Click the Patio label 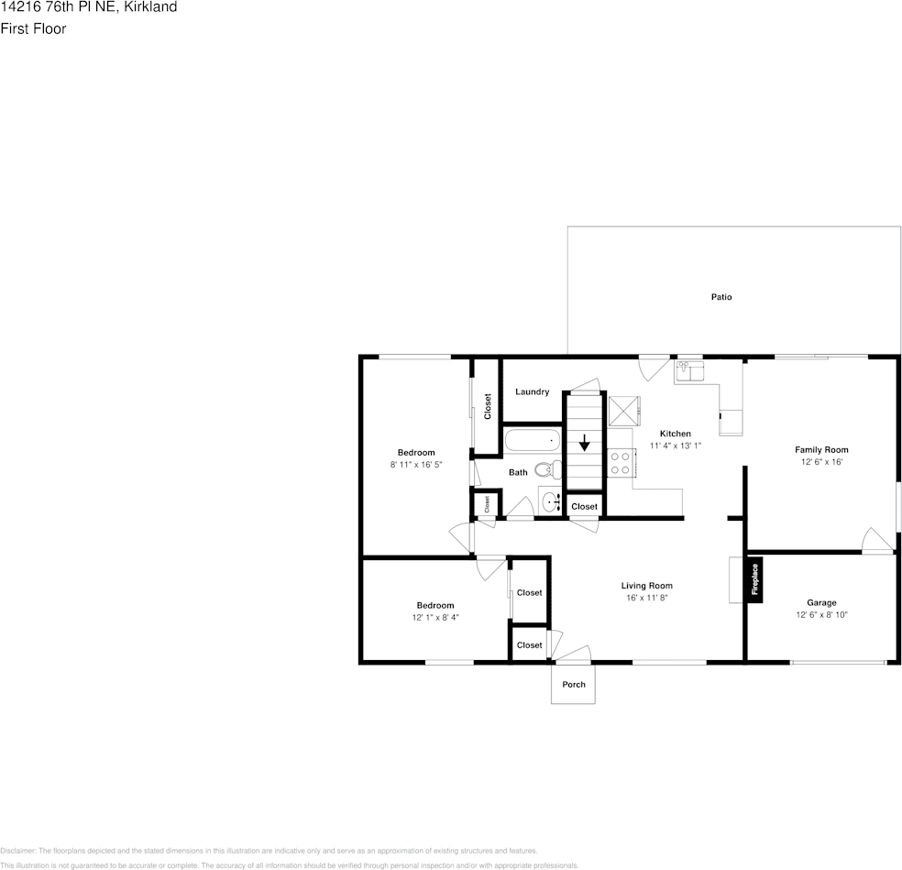[721, 297]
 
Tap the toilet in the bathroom [546, 469]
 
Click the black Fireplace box [755, 579]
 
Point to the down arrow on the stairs [584, 444]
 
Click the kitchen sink [689, 370]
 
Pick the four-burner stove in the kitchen [621, 462]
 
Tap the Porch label [573, 685]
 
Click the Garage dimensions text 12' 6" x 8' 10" [821, 615]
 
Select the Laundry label [532, 391]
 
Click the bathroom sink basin [550, 501]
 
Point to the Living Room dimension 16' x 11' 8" [647, 598]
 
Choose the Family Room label [820, 449]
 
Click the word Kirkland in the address [150, 7]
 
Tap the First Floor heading [33, 28]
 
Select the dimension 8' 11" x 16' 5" [416, 465]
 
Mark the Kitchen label [676, 434]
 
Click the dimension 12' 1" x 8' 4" [435, 617]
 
